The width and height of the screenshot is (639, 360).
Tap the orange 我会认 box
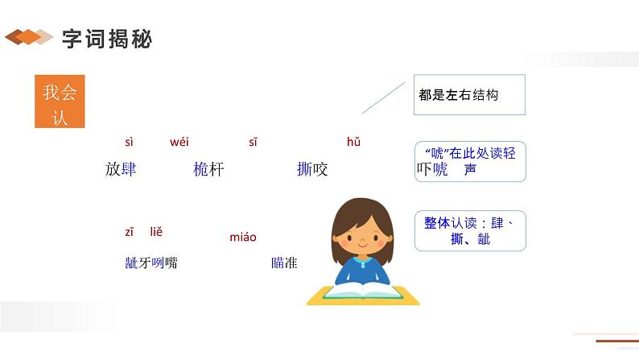(60, 103)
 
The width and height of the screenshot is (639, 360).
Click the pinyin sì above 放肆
(130, 143)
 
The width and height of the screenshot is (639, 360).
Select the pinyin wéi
(179, 143)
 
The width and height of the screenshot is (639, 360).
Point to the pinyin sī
(253, 143)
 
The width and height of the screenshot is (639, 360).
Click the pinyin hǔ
(353, 143)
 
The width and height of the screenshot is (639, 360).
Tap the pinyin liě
(156, 232)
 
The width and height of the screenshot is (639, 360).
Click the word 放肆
(121, 169)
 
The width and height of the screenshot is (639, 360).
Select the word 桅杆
(208, 169)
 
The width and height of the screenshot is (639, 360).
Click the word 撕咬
(312, 169)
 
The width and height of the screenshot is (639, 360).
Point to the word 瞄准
(284, 263)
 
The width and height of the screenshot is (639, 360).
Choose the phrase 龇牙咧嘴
(151, 263)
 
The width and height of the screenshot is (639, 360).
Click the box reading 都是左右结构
(468, 94)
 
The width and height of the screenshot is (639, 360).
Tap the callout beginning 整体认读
(470, 231)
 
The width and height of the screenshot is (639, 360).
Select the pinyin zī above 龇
(129, 232)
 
